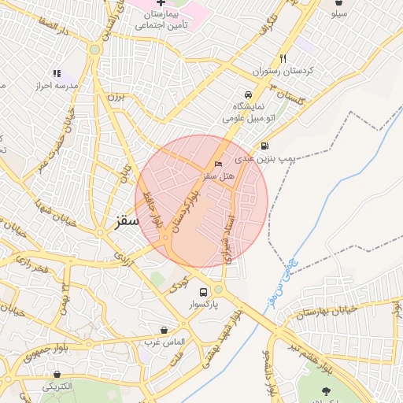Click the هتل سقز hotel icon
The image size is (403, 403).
218,164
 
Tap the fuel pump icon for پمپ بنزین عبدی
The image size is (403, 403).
264,146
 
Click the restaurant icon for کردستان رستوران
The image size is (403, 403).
283,58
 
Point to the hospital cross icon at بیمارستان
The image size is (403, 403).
161,3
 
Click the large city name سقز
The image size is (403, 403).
121,222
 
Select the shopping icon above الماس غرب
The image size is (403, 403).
164,330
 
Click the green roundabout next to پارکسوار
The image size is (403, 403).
218,290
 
